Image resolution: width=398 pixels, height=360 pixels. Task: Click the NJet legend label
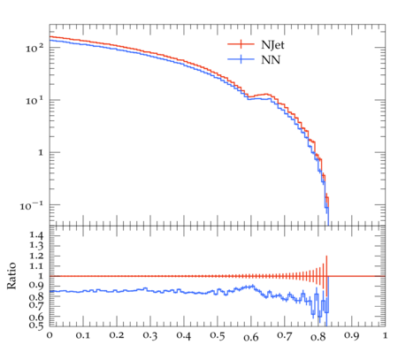pyautogui.click(x=272, y=45)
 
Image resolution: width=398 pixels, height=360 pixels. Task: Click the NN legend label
pyautogui.click(x=271, y=60)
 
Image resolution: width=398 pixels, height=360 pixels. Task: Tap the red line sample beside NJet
pyautogui.click(x=241, y=44)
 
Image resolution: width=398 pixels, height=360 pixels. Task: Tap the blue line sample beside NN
pyautogui.click(x=241, y=59)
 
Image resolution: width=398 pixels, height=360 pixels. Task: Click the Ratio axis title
pyautogui.click(x=11, y=276)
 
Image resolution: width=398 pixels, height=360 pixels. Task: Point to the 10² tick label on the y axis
pyautogui.click(x=34, y=48)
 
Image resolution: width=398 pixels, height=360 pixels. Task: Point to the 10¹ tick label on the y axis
pyautogui.click(x=34, y=101)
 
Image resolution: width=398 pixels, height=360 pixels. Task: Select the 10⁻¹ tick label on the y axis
pyautogui.click(x=32, y=205)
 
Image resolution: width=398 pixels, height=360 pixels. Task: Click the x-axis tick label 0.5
pyautogui.click(x=218, y=335)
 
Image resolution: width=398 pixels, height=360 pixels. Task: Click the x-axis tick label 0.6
pyautogui.click(x=251, y=337)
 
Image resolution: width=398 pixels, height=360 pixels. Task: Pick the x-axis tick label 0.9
pyautogui.click(x=352, y=335)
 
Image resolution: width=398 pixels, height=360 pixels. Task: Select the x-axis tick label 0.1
pyautogui.click(x=83, y=335)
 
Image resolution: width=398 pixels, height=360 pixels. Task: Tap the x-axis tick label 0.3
pyautogui.click(x=150, y=335)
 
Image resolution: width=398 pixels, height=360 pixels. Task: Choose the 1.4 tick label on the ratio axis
pyautogui.click(x=36, y=235)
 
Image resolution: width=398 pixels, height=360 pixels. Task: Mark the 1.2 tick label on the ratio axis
pyautogui.click(x=36, y=256)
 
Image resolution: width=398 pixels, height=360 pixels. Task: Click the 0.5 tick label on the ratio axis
pyautogui.click(x=36, y=325)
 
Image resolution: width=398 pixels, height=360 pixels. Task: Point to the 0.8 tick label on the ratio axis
pyautogui.click(x=36, y=296)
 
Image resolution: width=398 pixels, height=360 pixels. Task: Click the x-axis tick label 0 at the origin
pyautogui.click(x=50, y=335)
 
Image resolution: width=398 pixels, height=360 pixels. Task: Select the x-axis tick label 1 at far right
pyautogui.click(x=385, y=335)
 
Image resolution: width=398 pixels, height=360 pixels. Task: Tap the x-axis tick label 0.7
pyautogui.click(x=285, y=335)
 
